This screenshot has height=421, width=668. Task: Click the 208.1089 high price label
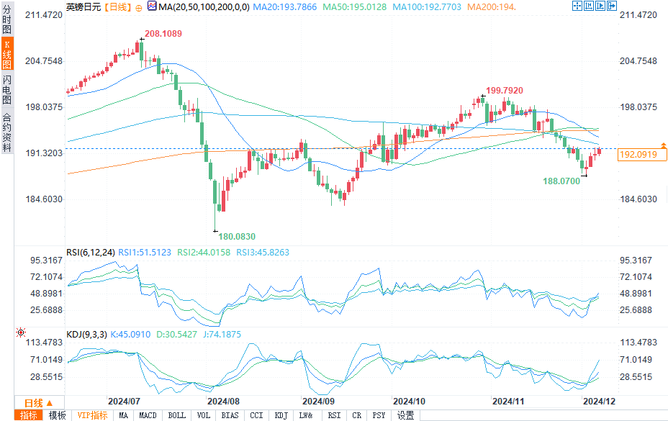click(x=163, y=34)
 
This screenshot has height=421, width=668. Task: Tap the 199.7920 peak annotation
click(x=504, y=90)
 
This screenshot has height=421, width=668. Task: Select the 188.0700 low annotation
click(x=561, y=182)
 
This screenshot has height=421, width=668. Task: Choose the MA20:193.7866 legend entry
click(x=286, y=6)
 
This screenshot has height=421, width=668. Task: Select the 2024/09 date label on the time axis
click(x=317, y=401)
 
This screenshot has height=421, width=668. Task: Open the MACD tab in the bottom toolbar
click(x=148, y=415)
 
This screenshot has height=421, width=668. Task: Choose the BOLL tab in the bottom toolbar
click(x=176, y=415)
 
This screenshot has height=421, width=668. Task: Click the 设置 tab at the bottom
click(x=406, y=415)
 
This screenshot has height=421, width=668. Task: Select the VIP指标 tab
click(x=92, y=415)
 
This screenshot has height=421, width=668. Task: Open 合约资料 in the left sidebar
click(x=6, y=132)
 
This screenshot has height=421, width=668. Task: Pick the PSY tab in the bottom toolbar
click(x=379, y=415)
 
